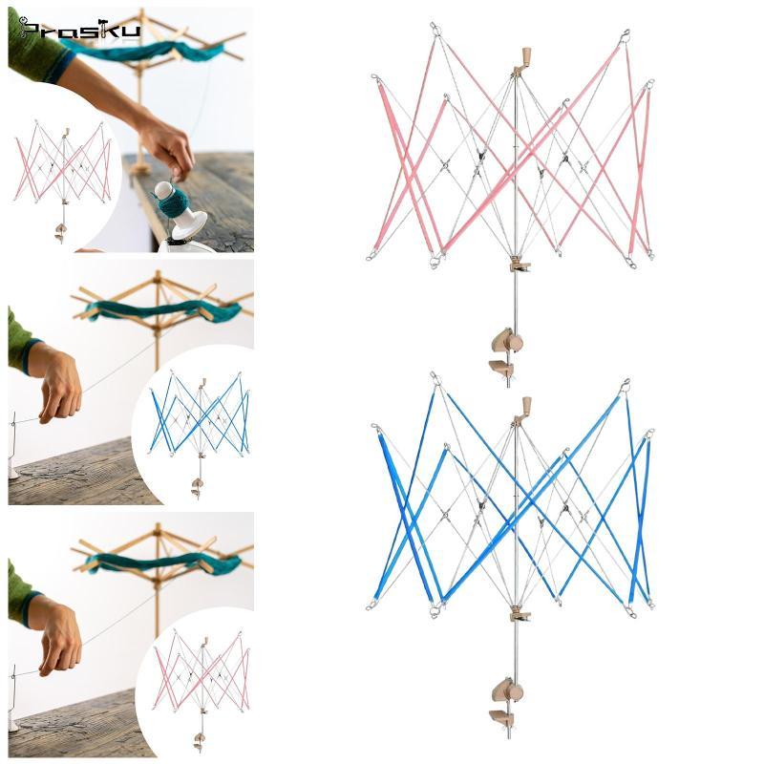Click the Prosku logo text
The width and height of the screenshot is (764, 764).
click(79, 30)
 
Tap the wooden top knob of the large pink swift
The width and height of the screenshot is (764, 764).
click(526, 54)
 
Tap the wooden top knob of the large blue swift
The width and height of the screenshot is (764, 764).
click(526, 404)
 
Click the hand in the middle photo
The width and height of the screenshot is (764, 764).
click(60, 385)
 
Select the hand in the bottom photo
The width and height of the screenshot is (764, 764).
click(60, 638)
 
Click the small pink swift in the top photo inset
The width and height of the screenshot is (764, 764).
click(63, 180)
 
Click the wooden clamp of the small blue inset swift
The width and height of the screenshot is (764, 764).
click(197, 488)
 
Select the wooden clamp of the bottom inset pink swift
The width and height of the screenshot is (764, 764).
click(200, 742)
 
